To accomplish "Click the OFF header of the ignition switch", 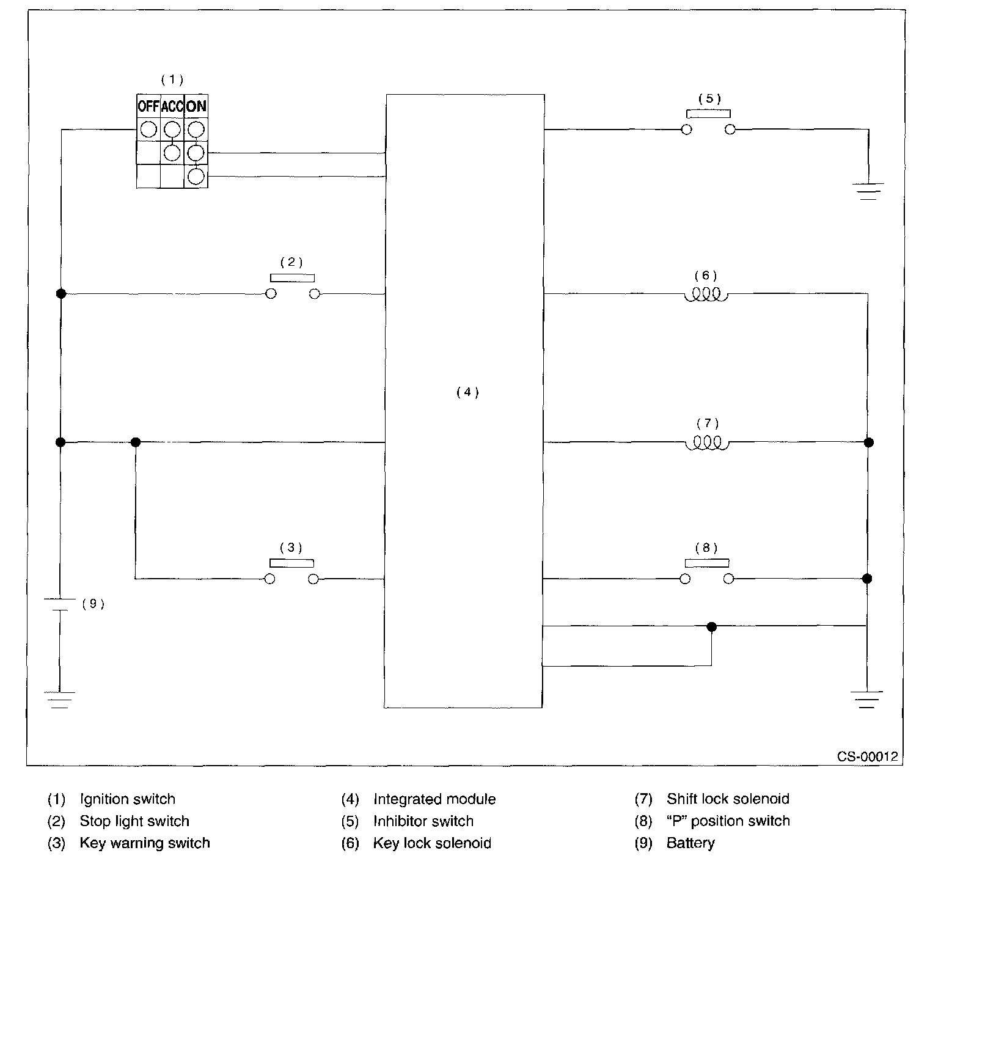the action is click(148, 106).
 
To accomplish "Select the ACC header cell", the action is click(172, 106).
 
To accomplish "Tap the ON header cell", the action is click(196, 106).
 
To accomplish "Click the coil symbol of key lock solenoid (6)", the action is click(706, 295).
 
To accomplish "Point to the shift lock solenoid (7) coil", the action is click(707, 443).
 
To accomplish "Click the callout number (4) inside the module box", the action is click(467, 392).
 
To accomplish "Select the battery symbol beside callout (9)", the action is click(60, 604).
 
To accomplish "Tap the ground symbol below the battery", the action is click(59, 699).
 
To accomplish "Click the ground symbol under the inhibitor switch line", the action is click(868, 191).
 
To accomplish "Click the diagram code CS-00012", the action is click(867, 756).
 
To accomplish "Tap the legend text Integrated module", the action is click(434, 799).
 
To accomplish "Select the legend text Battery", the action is click(690, 843).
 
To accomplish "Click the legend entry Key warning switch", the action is click(145, 843).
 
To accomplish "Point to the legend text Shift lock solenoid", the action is click(728, 799).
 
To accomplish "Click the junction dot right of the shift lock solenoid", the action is click(868, 442).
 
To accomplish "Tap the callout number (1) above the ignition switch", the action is click(172, 79).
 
